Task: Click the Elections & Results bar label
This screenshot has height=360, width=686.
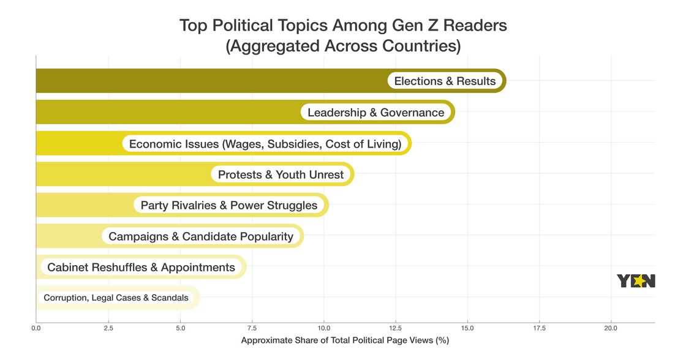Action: [x=445, y=81]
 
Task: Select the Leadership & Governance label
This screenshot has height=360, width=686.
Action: [x=375, y=113]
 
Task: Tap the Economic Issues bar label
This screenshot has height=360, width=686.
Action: [x=265, y=144]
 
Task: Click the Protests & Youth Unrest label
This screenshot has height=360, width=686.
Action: [x=281, y=174]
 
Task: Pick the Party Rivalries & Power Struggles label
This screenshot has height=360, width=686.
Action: [x=229, y=205]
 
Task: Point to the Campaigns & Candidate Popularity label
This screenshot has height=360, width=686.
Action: [x=201, y=236]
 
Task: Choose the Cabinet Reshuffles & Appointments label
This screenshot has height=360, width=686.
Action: [x=141, y=268]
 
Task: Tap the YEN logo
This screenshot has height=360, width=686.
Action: [x=636, y=281]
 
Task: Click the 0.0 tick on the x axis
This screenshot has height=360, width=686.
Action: [x=36, y=329]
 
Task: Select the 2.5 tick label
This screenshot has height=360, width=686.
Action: [x=108, y=329]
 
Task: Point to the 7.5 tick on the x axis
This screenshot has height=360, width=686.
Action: [x=252, y=329]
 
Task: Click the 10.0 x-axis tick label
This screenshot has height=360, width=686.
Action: [x=323, y=329]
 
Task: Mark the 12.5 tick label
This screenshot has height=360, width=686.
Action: [x=396, y=329]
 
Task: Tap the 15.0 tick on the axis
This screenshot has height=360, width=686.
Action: [x=467, y=329]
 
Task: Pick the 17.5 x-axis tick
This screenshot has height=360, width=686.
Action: [x=539, y=329]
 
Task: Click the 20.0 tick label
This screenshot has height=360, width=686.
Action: [x=611, y=329]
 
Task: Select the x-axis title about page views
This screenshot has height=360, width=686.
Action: [x=345, y=340]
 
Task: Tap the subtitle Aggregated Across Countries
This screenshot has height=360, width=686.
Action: [x=343, y=46]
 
